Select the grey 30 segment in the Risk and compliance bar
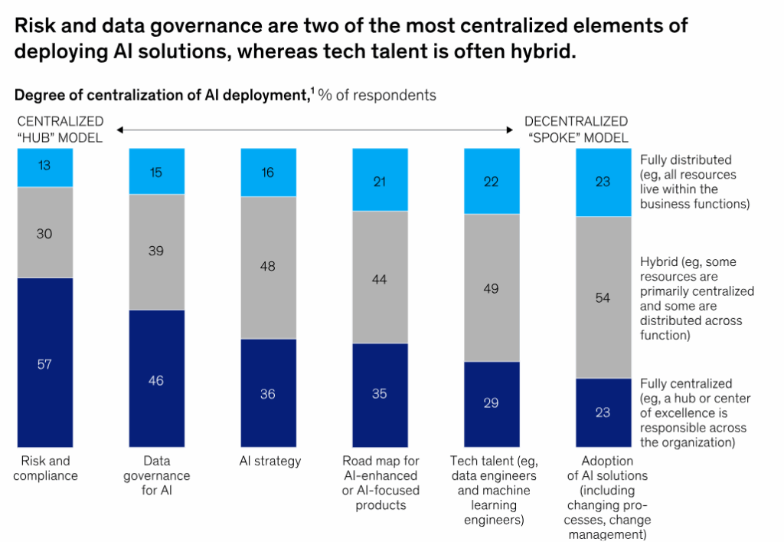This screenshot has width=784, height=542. coord(44,232)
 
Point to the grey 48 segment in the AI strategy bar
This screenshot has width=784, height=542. coord(268,267)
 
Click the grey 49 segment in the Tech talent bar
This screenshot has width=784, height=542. coord(492,287)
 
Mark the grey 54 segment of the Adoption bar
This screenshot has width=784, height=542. coord(603,297)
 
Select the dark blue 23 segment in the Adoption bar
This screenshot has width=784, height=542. coord(603,412)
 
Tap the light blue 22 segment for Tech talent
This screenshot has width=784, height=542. coord(492,182)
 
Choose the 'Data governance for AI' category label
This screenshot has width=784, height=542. coord(156,475)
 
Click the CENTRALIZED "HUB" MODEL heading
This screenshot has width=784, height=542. coord(60,129)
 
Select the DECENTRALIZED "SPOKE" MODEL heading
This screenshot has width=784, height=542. coord(576,129)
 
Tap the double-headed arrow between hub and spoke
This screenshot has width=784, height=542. coord(314,130)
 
